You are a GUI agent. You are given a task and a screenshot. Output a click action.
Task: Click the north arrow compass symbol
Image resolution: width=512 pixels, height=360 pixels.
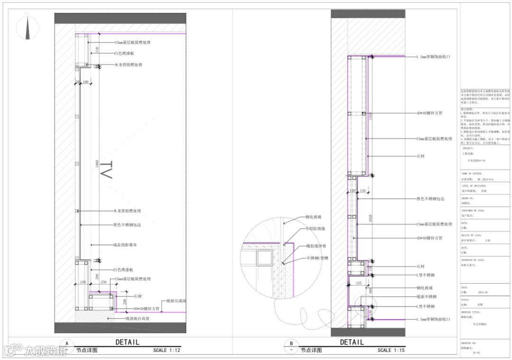27,27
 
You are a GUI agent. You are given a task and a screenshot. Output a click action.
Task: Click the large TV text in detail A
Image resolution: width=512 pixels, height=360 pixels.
107,171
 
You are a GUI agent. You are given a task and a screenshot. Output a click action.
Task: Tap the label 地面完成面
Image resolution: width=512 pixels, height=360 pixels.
176,301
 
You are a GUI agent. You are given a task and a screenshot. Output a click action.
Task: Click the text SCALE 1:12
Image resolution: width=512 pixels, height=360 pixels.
167,351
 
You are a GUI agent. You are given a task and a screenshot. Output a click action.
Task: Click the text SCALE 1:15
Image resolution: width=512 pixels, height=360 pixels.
391,351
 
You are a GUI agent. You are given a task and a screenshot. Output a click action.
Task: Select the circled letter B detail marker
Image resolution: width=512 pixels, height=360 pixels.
291,343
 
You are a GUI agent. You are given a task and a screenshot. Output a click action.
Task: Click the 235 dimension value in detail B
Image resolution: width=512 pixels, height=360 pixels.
359,282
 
